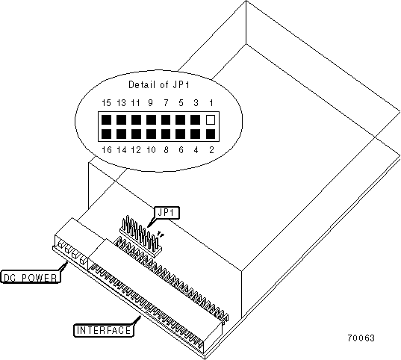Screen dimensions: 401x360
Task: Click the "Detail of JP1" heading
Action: pos(159,84)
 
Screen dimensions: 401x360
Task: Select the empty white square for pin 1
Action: pos(211,120)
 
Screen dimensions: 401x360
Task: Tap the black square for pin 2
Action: pos(211,134)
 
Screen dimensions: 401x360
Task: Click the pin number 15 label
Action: pos(106,103)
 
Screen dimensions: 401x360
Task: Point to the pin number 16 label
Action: pos(106,149)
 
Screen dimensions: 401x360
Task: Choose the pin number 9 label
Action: pos(151,103)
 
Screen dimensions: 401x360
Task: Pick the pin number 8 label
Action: pos(166,149)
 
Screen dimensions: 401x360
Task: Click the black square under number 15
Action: pos(106,120)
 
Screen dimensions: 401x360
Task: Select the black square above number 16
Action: pos(106,134)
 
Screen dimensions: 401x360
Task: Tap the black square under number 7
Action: pos(166,120)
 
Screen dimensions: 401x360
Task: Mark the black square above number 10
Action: pos(151,134)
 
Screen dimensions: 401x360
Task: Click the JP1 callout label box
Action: pos(167,213)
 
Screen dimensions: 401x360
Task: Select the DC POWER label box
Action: pos(31,276)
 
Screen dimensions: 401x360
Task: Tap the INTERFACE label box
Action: pos(104,330)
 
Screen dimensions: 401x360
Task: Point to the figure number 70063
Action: pos(361,338)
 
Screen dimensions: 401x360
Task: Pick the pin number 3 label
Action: pos(196,103)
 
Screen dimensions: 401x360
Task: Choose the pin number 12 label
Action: pos(136,149)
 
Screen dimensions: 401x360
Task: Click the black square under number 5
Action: pos(180,120)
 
